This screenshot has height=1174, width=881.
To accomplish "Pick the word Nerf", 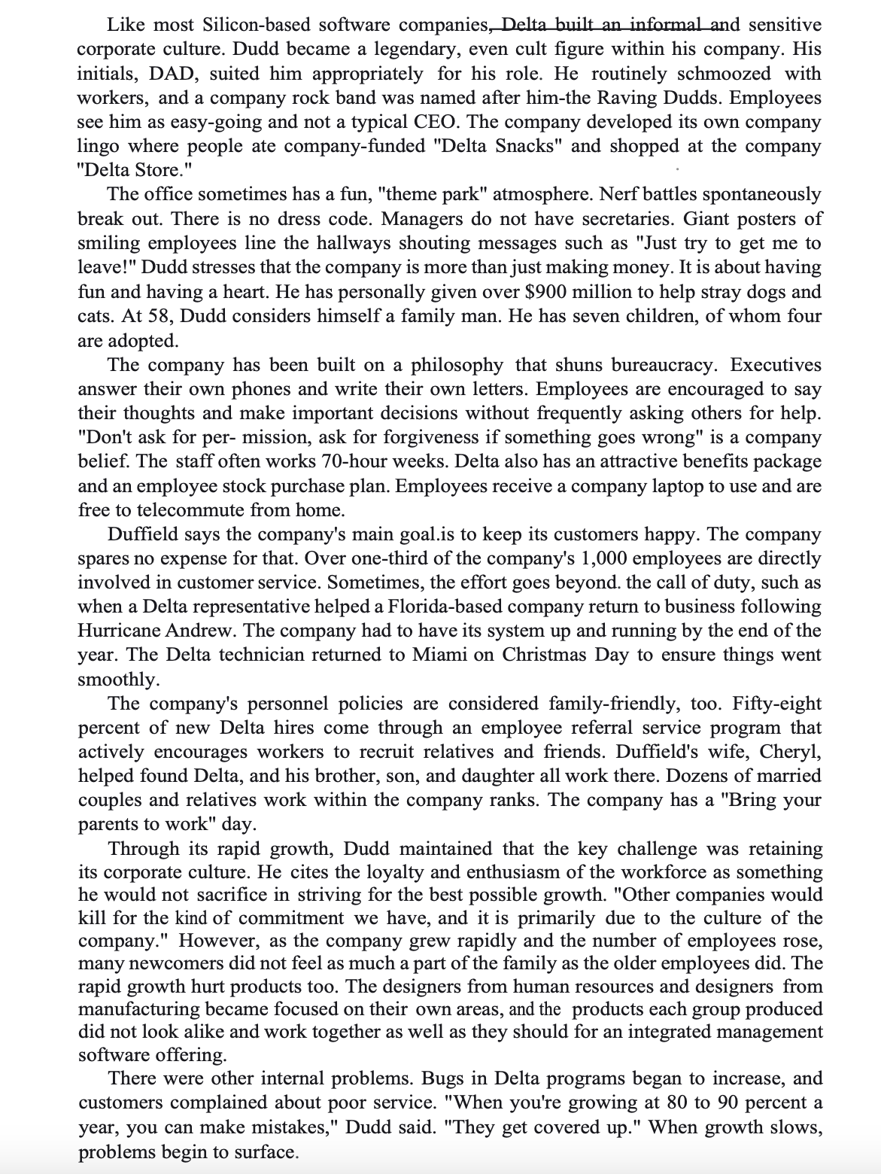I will [622, 195].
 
